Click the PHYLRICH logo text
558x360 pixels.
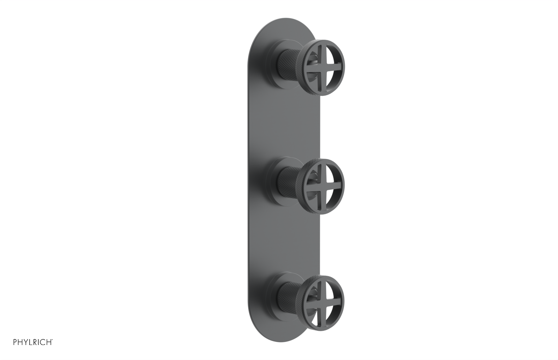pos(33,342)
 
